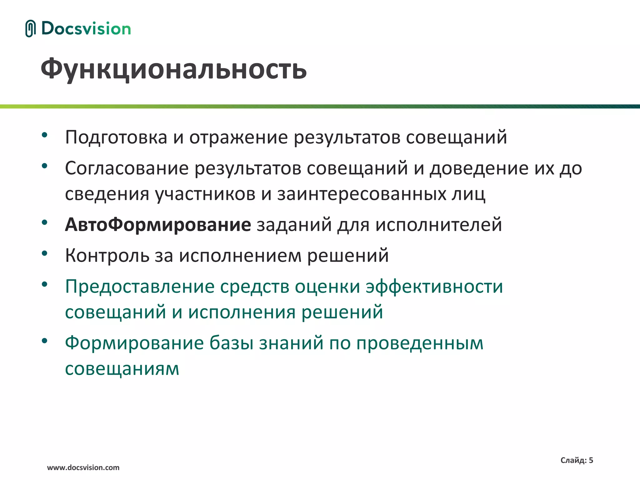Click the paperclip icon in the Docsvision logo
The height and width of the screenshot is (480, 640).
point(30,28)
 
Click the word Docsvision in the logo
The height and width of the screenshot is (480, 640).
point(86,28)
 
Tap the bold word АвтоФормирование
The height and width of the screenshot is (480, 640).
point(158,225)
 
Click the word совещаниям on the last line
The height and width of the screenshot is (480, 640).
point(122,369)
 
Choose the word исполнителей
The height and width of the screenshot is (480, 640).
point(438,225)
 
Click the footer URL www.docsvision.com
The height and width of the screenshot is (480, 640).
point(83,467)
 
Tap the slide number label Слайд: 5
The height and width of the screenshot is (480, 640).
point(577,460)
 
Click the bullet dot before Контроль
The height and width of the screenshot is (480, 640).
point(45,253)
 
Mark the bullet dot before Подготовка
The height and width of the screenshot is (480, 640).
point(45,135)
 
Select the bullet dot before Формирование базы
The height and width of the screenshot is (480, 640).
point(45,340)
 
